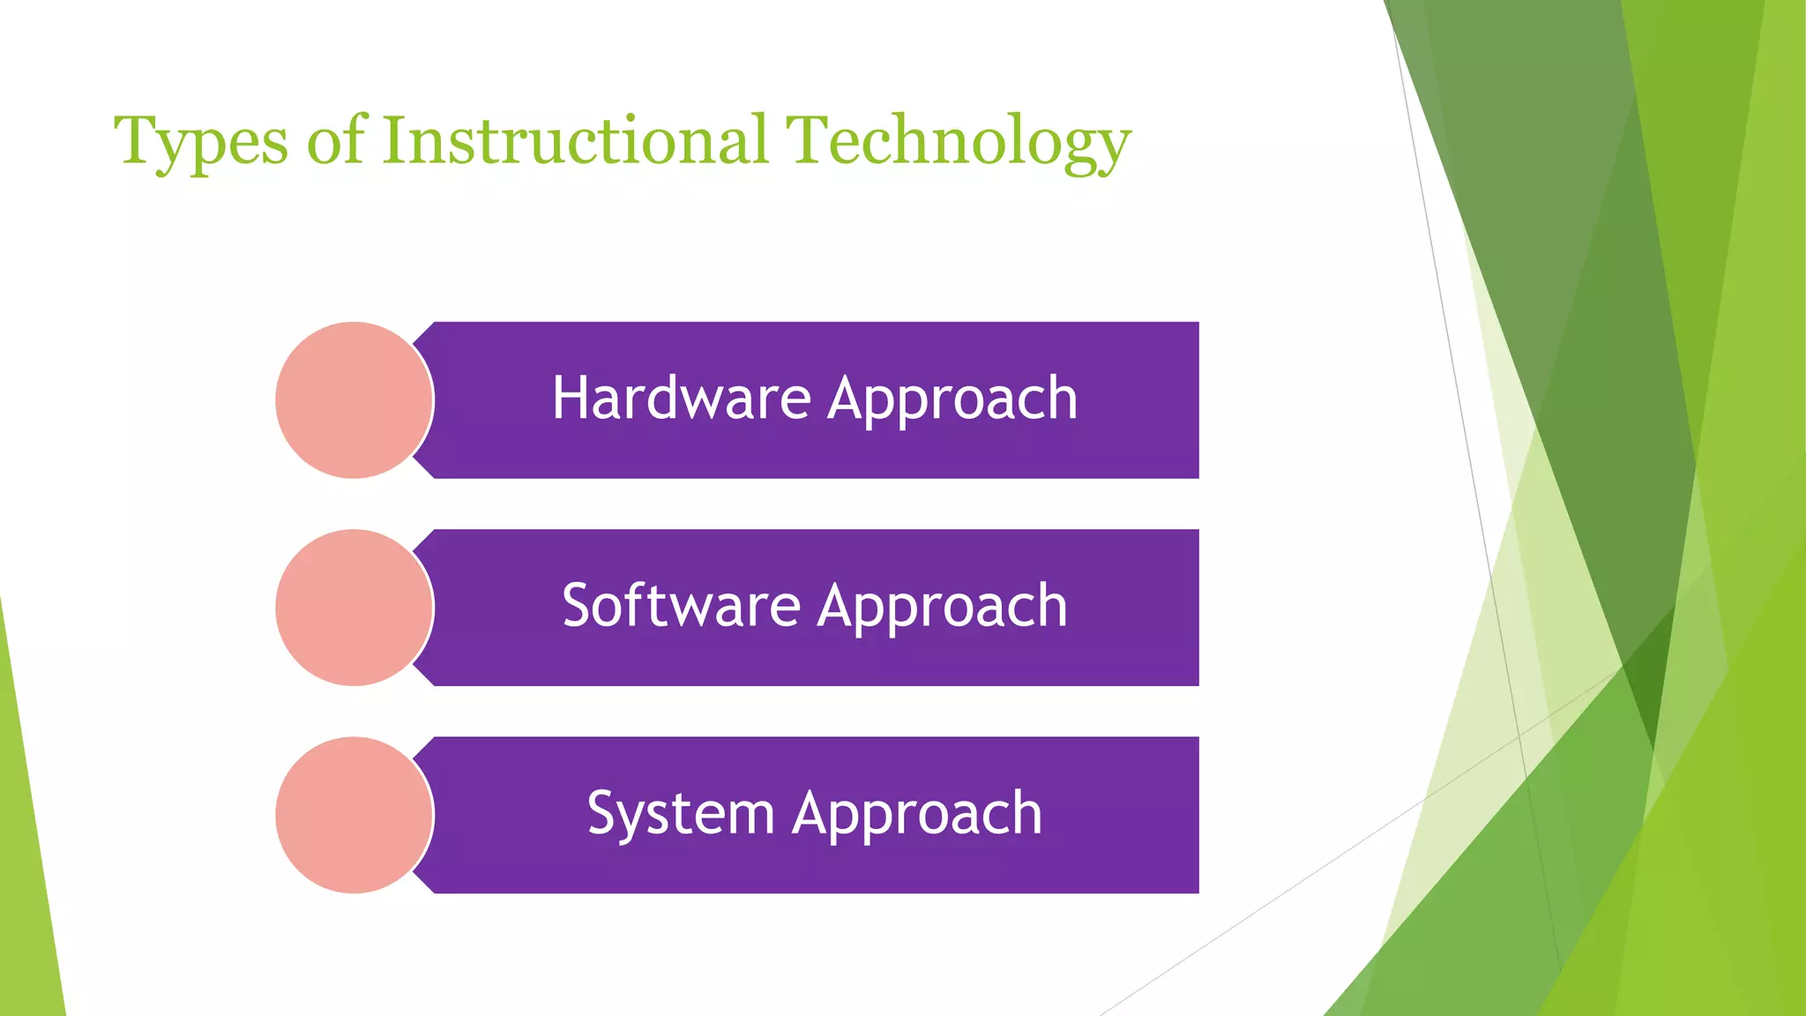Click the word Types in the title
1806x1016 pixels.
pos(201,141)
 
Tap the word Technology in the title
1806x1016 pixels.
pos(958,141)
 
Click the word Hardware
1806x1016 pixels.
pos(681,399)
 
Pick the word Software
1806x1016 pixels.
pos(681,606)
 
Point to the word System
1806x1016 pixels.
pos(681,813)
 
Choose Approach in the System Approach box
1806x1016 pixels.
pos(917,815)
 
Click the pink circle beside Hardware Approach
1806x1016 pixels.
pos(354,400)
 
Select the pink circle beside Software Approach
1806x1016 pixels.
pos(354,608)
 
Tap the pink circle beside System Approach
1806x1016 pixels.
pos(354,815)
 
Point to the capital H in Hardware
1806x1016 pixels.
pos(569,398)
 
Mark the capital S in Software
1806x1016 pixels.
pos(579,606)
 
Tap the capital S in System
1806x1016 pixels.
pos(604,813)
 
